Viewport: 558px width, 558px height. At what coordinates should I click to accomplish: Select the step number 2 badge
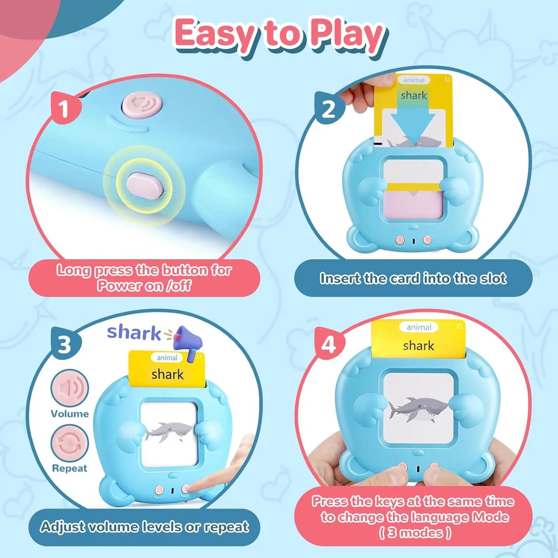[329, 109]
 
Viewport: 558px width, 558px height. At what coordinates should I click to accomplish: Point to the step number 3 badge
[65, 344]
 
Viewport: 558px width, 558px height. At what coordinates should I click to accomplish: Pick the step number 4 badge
[329, 344]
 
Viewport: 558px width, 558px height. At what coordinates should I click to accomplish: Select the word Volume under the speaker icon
[70, 414]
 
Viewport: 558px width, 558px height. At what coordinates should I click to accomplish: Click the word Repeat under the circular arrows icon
[70, 468]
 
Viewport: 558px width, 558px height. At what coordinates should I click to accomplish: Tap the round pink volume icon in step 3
[70, 388]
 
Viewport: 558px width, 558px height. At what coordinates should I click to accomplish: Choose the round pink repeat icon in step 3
[70, 443]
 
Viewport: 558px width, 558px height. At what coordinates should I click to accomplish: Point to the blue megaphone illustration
[188, 341]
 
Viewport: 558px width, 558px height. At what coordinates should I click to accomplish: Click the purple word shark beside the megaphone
[134, 333]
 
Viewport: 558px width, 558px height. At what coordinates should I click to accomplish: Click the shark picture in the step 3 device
[169, 431]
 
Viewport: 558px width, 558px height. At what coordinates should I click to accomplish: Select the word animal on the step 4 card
[419, 327]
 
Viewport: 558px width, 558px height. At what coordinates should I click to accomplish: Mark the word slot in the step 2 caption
[493, 278]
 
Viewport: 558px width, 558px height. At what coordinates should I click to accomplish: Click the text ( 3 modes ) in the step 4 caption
[415, 533]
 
